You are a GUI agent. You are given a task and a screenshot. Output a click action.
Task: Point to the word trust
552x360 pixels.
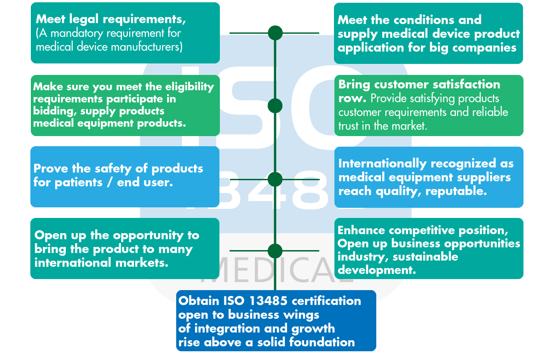348,126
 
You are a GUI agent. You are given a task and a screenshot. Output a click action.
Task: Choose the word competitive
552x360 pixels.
427,230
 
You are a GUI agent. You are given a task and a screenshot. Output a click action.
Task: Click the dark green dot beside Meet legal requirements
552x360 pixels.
275,33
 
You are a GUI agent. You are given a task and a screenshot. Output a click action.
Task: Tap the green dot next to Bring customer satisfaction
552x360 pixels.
275,106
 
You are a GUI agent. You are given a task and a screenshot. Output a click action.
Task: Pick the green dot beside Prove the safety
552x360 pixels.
275,179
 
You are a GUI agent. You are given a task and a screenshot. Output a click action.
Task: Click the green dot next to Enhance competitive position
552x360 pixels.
275,251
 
